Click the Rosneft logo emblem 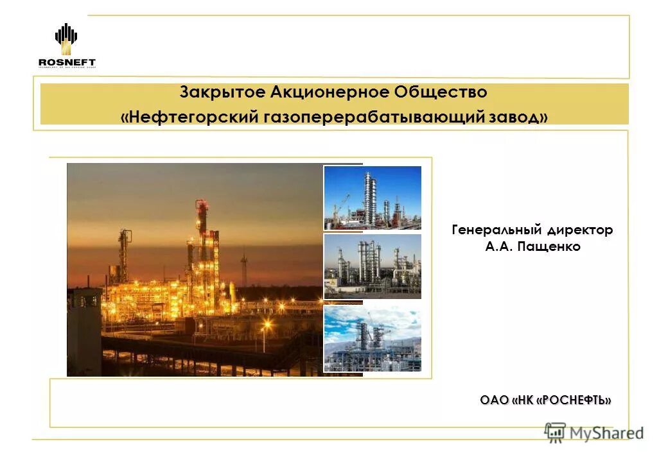coord(66,38)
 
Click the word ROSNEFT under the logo coord(66,62)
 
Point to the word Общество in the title coord(444,92)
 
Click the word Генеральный coord(493,230)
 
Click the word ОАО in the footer coord(494,400)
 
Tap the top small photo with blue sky coord(373,198)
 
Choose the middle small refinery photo coord(373,266)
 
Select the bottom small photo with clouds coord(373,339)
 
